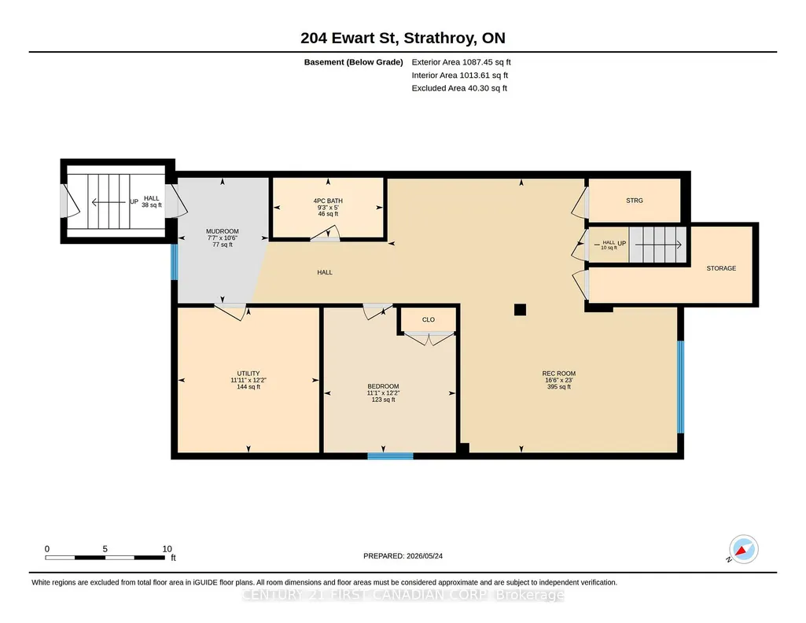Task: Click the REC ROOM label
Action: tap(559, 374)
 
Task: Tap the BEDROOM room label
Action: tap(383, 386)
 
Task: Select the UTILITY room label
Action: tap(248, 374)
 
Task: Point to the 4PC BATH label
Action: tap(328, 201)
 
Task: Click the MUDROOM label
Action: tap(223, 231)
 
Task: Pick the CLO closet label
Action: tap(429, 319)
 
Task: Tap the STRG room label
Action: tap(635, 201)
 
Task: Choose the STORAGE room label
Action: tap(721, 268)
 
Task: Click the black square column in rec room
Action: tap(521, 309)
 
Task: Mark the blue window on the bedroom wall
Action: tap(390, 456)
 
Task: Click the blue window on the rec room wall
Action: tap(680, 387)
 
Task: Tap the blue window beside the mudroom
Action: tap(175, 262)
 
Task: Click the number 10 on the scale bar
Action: tap(167, 549)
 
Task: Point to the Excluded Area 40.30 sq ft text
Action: tap(459, 88)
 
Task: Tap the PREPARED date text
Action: tap(403, 555)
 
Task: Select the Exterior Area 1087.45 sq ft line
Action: tap(461, 62)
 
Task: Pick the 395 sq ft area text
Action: tap(559, 387)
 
